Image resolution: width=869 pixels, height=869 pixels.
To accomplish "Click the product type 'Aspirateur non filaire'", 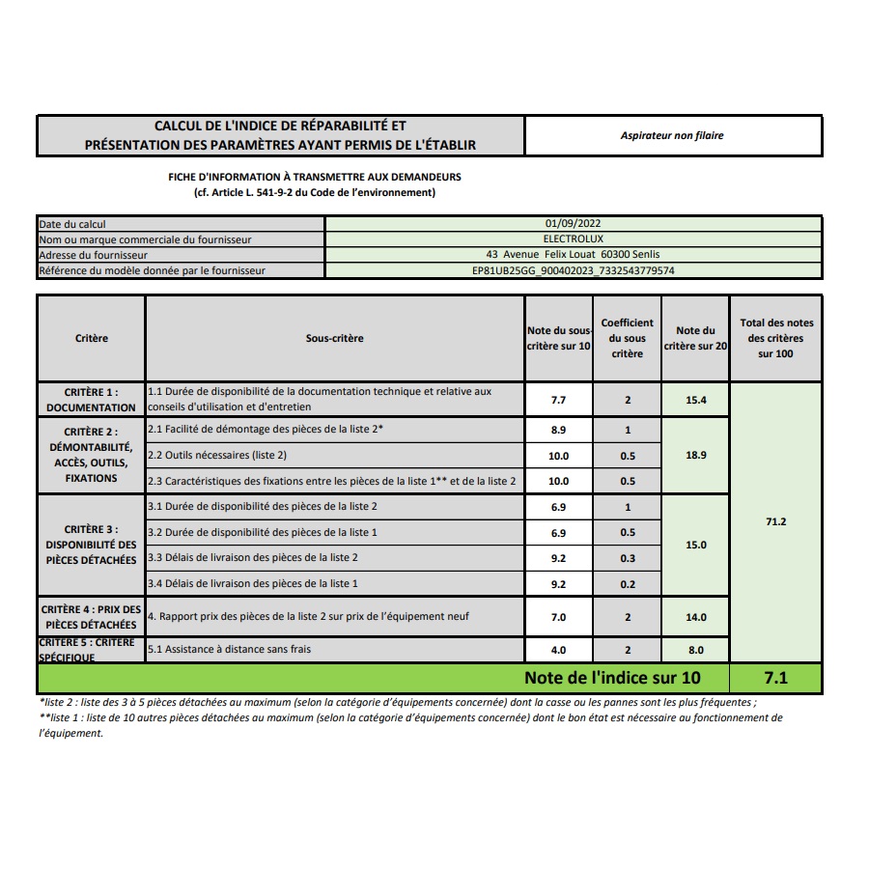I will (x=672, y=136).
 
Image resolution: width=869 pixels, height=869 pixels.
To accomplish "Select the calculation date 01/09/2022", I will (x=574, y=224).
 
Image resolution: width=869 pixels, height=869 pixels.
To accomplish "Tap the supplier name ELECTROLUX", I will (x=574, y=239).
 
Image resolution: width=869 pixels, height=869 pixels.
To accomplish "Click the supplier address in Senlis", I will (x=574, y=255).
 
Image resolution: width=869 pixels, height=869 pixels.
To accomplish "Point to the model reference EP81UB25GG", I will (x=574, y=270).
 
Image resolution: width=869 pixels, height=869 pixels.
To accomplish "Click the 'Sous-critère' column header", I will (x=334, y=339).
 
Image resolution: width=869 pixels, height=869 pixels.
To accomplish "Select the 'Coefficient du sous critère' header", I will (x=627, y=339).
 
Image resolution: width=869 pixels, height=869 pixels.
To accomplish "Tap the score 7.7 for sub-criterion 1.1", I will (x=558, y=400).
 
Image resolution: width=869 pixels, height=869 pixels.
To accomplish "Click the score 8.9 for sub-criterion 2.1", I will (x=558, y=431).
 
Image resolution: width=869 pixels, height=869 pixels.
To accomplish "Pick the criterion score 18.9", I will (x=695, y=455).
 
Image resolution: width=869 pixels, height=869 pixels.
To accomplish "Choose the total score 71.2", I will (x=775, y=521).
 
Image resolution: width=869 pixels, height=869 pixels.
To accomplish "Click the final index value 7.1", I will (x=775, y=678).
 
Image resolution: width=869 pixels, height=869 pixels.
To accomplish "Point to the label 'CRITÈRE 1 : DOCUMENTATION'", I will (x=91, y=400).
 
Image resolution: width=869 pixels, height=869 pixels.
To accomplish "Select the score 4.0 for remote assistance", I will (x=558, y=651).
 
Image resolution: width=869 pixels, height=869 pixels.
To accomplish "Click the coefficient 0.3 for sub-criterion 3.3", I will (x=627, y=558).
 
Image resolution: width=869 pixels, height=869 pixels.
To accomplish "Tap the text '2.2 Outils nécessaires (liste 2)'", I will (x=217, y=455).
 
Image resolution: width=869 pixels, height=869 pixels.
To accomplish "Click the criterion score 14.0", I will (x=695, y=618).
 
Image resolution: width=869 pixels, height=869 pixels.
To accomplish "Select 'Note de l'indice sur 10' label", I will (x=612, y=678).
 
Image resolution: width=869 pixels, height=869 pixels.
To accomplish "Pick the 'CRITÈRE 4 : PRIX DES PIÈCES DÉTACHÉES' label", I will (x=91, y=617).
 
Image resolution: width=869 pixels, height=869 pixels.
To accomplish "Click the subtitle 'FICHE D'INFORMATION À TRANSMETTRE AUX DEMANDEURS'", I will (x=315, y=178).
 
